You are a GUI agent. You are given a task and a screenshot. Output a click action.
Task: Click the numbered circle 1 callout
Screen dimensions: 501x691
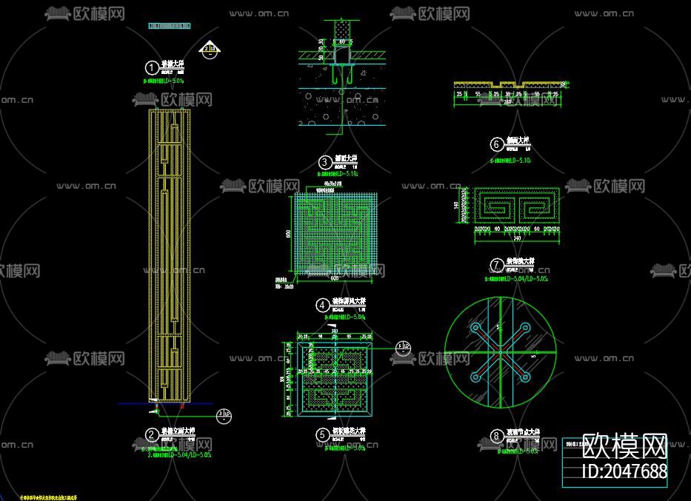(x=151, y=66)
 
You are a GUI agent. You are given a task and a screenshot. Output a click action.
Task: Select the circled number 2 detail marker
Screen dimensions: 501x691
(x=151, y=435)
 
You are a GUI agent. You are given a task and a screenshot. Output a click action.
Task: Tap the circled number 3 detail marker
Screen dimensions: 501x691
(x=324, y=162)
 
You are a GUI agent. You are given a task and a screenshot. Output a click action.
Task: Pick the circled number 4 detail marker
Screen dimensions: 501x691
(x=322, y=304)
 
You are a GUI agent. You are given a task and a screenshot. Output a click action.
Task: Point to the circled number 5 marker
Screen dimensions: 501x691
(x=322, y=435)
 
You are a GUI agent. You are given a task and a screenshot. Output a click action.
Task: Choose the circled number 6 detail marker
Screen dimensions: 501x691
(x=496, y=144)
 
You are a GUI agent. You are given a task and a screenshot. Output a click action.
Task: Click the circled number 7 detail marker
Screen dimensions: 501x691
(x=496, y=265)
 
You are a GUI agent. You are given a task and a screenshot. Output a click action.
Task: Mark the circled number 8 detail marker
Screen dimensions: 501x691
(x=496, y=436)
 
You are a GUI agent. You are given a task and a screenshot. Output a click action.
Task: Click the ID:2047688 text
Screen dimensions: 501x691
(x=625, y=471)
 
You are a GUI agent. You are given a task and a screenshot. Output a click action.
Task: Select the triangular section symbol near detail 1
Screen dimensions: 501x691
(x=210, y=50)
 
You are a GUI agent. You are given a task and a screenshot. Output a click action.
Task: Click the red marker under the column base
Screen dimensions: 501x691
(x=182, y=406)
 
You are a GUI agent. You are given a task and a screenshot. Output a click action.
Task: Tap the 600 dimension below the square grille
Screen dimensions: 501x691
(x=334, y=278)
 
